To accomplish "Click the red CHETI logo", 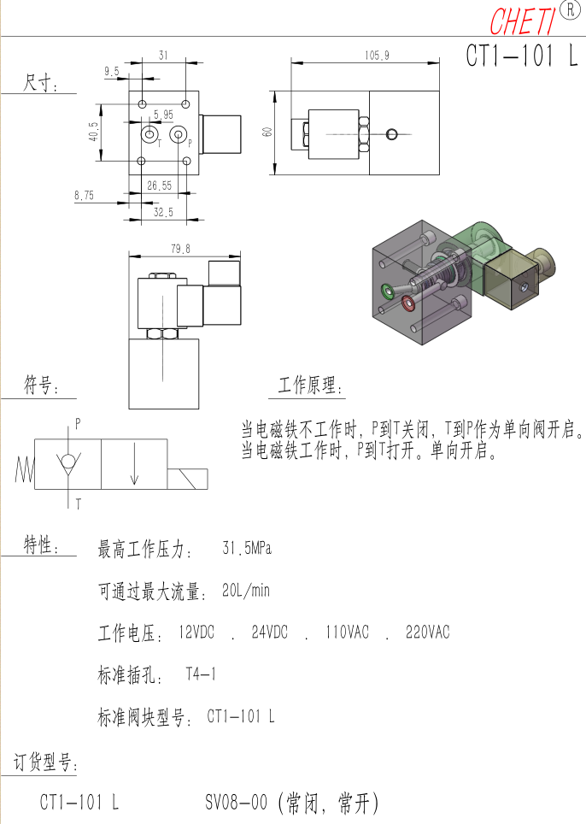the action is point(523,21).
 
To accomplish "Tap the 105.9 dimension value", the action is point(377,56).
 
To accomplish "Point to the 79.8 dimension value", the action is point(180,249).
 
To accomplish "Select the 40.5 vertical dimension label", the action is point(93,132).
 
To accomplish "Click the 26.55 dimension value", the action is point(159,185).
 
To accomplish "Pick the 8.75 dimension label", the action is point(84,196).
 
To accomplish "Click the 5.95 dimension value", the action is point(163,115).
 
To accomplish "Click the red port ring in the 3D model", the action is point(408,303).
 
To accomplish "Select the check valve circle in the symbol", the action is point(67,461).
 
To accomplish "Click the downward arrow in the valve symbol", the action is point(134,463).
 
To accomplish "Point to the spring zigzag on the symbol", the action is point(25,468).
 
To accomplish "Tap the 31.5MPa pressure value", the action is point(247,549).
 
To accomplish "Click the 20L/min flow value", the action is point(246,590).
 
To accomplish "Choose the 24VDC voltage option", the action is point(269,632).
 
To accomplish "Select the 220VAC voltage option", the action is point(427,632).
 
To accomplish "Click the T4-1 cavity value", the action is point(201,674).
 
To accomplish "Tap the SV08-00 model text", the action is point(237,802).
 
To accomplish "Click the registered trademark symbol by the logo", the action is point(570,9).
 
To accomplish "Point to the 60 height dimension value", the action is point(267,132).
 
